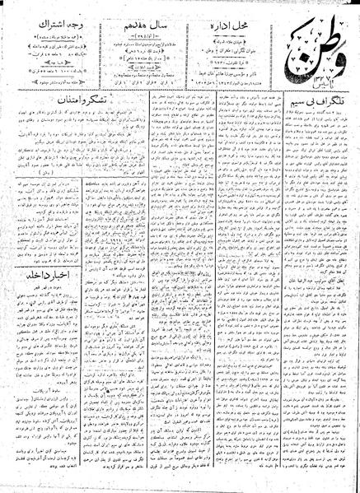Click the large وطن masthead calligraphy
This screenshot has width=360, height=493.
click(x=317, y=37)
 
